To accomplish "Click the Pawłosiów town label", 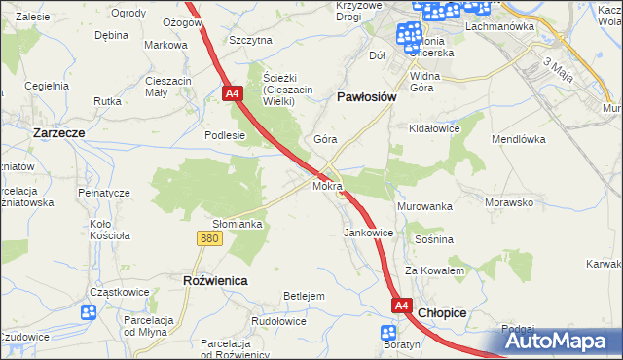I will pyautogui.click(x=366, y=97).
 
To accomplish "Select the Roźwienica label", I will pyautogui.click(x=215, y=280).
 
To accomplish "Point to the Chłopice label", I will pyautogui.click(x=443, y=313).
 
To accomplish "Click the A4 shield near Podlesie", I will pyautogui.click(x=232, y=94).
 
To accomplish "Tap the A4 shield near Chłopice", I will pyautogui.click(x=402, y=306).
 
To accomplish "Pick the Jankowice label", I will pyautogui.click(x=368, y=234).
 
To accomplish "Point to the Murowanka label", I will pyautogui.click(x=425, y=207).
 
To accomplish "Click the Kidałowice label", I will pyautogui.click(x=435, y=128).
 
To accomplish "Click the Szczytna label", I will pyautogui.click(x=250, y=40).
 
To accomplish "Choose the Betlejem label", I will pyautogui.click(x=303, y=296).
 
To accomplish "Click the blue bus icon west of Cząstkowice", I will pyautogui.click(x=89, y=313).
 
